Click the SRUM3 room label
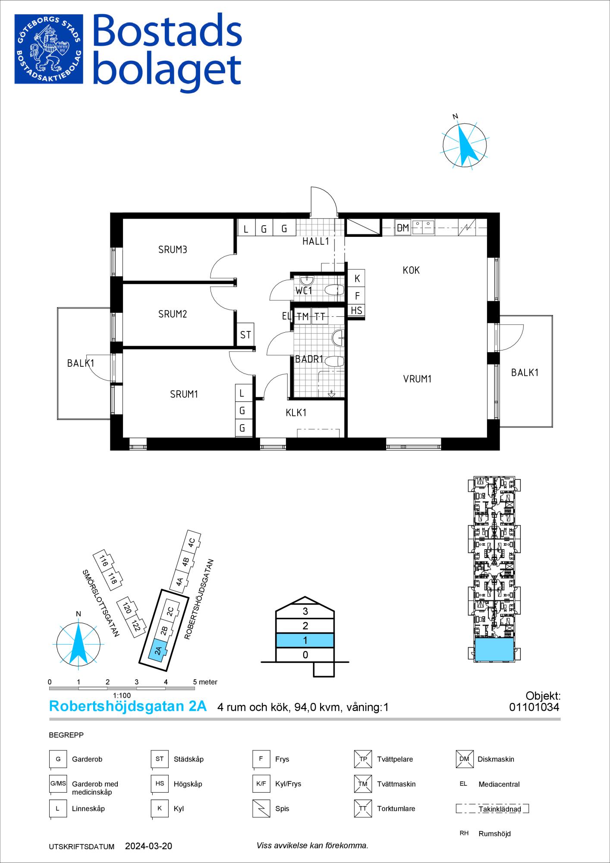pyautogui.click(x=173, y=249)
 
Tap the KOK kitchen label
pyautogui.click(x=411, y=270)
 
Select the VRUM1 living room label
pyautogui.click(x=417, y=379)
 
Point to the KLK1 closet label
pyautogui.click(x=296, y=413)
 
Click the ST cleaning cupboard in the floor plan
pyautogui.click(x=245, y=335)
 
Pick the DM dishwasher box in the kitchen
pyautogui.click(x=403, y=228)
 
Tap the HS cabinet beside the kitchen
pyautogui.click(x=356, y=310)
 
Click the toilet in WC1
pyautogui.click(x=333, y=290)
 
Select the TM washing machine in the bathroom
pyautogui.click(x=303, y=316)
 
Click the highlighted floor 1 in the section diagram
pyautogui.click(x=305, y=640)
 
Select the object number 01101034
pyautogui.click(x=534, y=707)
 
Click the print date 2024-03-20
pyautogui.click(x=148, y=846)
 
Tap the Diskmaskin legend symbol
pyautogui.click(x=464, y=759)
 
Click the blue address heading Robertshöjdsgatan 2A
pyautogui.click(x=128, y=706)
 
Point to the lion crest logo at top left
pyautogui.click(x=49, y=49)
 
